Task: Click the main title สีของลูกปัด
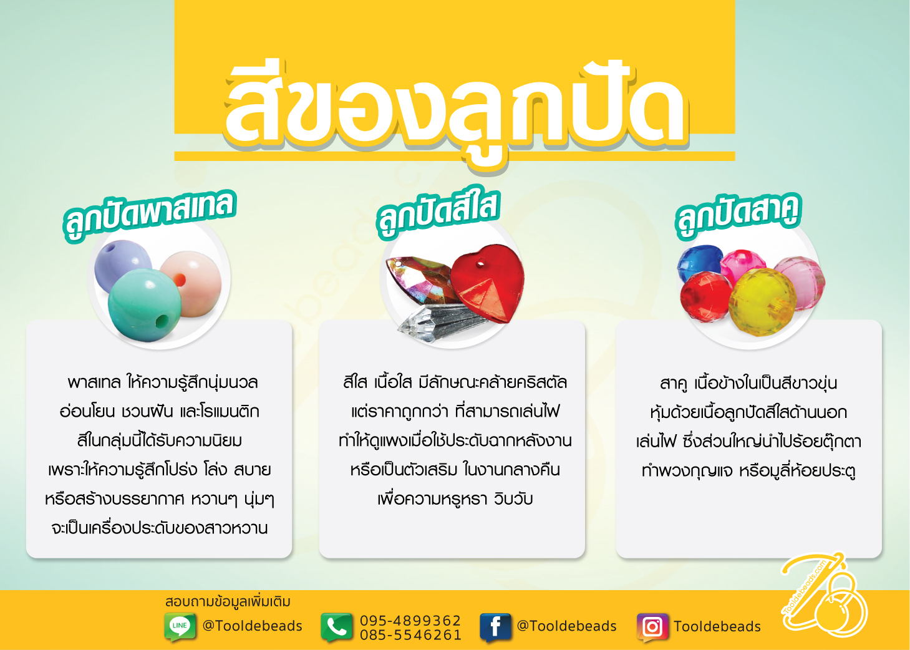(455, 114)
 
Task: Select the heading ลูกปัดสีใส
(438, 215)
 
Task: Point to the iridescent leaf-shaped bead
(419, 280)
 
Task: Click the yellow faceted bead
(762, 303)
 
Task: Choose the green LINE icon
(180, 626)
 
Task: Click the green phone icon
(336, 627)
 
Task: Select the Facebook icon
(495, 627)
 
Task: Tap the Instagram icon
(652, 627)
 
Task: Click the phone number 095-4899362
(410, 620)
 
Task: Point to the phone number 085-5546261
(410, 634)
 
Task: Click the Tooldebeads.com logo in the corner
(825, 595)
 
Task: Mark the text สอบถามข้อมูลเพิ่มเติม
(228, 602)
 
